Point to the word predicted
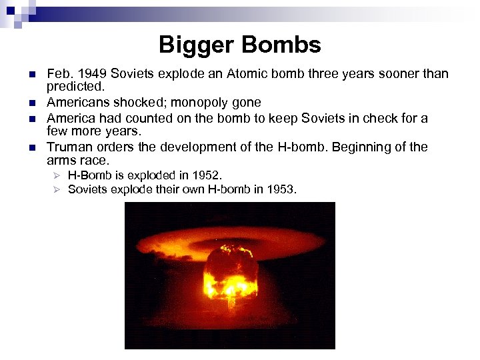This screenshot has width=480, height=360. (x=75, y=87)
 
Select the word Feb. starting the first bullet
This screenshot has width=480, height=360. (x=59, y=74)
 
